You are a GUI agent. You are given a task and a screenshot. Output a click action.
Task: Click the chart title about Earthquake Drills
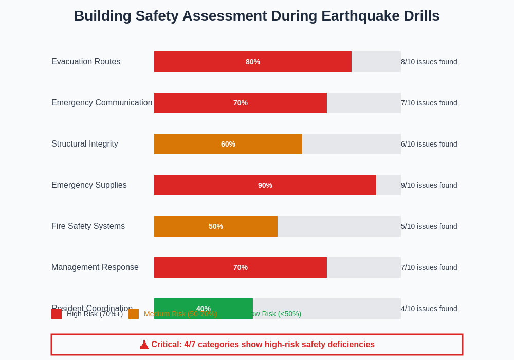click(x=256, y=16)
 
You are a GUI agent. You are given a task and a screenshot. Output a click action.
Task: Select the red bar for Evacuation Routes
click(x=206, y=62)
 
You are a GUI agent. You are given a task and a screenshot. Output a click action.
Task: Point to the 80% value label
click(x=253, y=62)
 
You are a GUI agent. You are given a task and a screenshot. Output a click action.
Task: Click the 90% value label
click(x=265, y=185)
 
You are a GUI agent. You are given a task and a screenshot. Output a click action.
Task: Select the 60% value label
click(x=228, y=144)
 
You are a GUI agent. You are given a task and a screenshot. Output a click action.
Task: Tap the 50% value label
click(x=216, y=226)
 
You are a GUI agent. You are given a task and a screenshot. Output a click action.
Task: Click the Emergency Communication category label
click(x=102, y=103)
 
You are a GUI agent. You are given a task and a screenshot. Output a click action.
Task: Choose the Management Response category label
click(x=95, y=267)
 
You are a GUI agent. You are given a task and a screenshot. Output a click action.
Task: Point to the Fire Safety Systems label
click(x=88, y=226)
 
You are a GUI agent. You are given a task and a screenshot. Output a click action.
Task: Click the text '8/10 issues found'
click(x=429, y=62)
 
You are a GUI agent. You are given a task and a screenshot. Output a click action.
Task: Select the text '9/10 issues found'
click(x=429, y=185)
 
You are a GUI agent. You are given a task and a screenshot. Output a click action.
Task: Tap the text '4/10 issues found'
click(x=429, y=309)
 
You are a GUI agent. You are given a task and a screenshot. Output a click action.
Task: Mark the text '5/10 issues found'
click(x=429, y=226)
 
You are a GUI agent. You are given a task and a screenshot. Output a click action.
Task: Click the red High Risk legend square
click(x=57, y=314)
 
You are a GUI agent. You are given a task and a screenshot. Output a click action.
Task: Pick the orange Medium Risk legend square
click(x=134, y=314)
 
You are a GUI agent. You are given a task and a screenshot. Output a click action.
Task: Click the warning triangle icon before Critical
click(x=144, y=345)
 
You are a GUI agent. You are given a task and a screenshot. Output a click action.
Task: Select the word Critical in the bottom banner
click(x=166, y=345)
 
